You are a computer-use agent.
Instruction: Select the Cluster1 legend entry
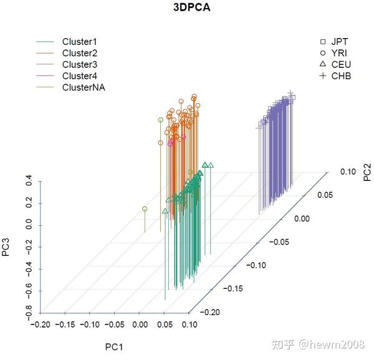(79, 42)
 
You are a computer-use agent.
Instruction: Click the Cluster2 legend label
(79, 53)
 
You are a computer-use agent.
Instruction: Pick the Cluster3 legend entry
(79, 64)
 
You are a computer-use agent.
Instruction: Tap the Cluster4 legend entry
(79, 75)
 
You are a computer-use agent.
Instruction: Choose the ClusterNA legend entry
(83, 87)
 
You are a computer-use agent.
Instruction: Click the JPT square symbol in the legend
(323, 41)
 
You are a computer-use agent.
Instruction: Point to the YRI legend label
(340, 53)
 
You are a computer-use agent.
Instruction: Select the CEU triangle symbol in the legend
(323, 64)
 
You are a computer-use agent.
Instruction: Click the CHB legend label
(342, 76)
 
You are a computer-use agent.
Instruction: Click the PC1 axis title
(113, 345)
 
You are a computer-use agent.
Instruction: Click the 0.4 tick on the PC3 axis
(29, 182)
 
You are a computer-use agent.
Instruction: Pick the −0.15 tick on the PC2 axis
(234, 288)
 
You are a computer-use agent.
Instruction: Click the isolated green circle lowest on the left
(145, 209)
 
